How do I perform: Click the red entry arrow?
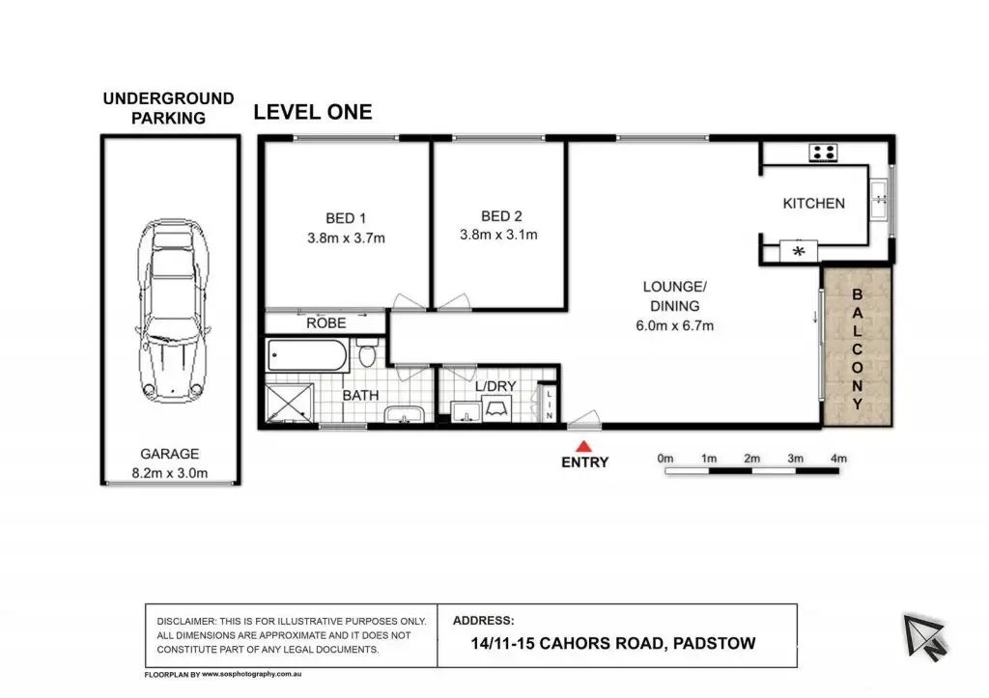tap(584, 446)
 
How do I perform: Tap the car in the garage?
tap(174, 311)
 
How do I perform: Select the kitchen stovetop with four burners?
tap(823, 153)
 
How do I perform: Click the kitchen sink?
tap(879, 200)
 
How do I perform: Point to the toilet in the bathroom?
tap(367, 353)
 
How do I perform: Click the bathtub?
tap(307, 355)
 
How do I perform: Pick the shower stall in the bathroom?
tap(290, 403)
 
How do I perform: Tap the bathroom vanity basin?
tap(405, 414)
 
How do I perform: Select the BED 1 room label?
tap(346, 218)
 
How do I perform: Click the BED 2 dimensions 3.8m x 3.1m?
tap(498, 236)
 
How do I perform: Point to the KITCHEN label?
tap(813, 204)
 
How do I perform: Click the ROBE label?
tap(326, 323)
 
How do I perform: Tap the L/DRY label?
tap(495, 386)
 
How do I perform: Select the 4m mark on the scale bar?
tap(838, 459)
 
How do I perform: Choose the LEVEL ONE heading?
tap(313, 112)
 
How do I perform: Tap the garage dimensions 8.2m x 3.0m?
tap(170, 473)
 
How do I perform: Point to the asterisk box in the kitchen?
tap(799, 251)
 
